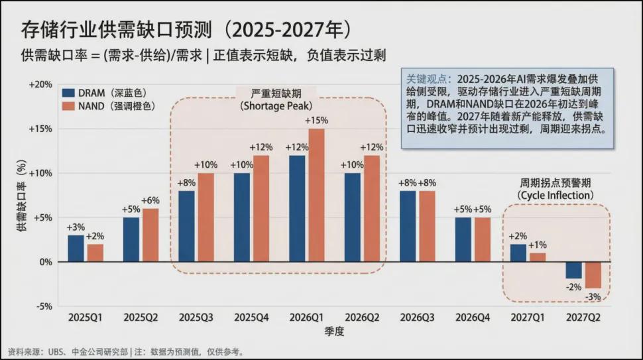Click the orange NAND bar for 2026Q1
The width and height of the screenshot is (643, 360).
point(316,195)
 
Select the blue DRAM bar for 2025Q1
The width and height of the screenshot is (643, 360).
point(76,248)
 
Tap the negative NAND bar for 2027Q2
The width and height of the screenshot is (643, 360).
point(593,274)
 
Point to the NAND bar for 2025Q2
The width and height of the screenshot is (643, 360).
point(150,235)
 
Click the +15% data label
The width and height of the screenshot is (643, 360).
point(316,121)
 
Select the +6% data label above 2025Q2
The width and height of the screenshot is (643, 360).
point(150,201)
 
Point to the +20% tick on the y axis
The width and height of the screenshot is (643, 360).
point(40,85)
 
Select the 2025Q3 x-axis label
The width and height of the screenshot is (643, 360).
point(196,318)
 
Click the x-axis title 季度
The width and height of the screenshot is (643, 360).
point(334,331)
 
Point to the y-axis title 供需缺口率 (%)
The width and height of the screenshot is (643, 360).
point(21,196)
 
